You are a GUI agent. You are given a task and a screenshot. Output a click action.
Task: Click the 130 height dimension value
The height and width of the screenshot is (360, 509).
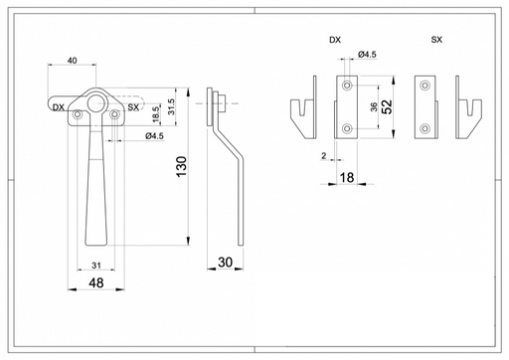click(182, 167)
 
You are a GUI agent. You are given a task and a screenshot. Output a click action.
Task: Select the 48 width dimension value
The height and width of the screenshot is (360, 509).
click(96, 283)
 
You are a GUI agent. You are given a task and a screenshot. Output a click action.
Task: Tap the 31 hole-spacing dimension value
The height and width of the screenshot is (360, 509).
click(96, 266)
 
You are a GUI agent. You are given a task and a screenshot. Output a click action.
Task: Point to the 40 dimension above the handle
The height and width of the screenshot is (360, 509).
click(72, 61)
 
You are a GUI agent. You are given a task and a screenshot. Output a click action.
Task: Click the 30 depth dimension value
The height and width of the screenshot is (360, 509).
click(225, 263)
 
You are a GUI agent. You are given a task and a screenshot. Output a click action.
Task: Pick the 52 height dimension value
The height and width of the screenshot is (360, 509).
click(387, 106)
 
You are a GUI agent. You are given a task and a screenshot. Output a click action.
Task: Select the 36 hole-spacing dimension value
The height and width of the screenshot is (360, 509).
click(374, 106)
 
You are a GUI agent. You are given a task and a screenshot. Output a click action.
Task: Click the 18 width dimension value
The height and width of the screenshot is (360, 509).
click(347, 178)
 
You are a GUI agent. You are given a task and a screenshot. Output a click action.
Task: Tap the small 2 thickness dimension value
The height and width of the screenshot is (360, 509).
click(324, 155)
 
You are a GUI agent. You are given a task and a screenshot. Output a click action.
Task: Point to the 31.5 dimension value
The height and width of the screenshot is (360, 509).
click(171, 106)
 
